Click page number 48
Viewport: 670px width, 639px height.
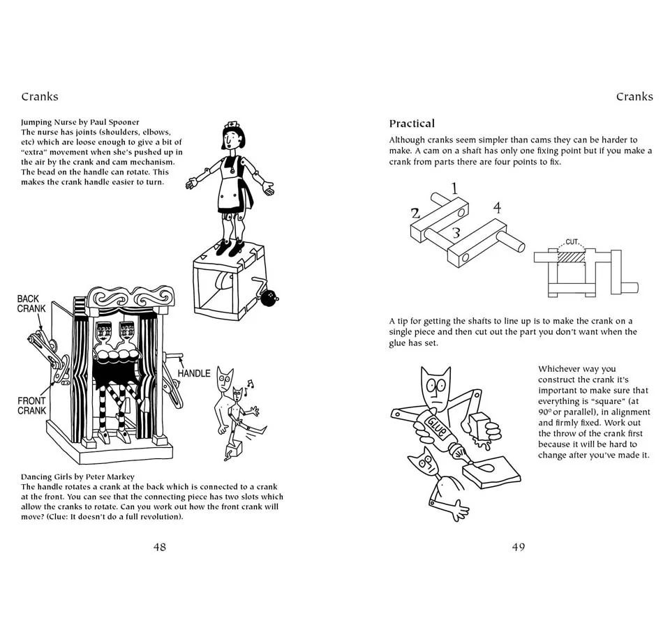(x=160, y=547)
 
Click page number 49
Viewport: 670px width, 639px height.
(x=518, y=547)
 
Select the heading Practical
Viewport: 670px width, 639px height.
(x=412, y=123)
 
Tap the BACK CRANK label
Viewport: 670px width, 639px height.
(x=32, y=304)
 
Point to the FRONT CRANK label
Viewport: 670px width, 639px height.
(x=32, y=406)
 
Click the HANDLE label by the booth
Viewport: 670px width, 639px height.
(x=193, y=374)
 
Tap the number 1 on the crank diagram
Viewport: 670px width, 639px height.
(x=454, y=188)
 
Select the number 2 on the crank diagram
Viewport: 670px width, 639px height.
(x=415, y=213)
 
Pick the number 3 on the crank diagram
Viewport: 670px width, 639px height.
(x=456, y=233)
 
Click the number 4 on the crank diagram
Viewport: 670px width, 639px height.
(x=497, y=208)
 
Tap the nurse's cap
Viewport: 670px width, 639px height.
(x=231, y=128)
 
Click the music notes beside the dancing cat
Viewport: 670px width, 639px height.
(x=250, y=384)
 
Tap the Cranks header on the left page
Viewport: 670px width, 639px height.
(x=40, y=97)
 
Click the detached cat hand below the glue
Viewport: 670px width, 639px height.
(x=454, y=510)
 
